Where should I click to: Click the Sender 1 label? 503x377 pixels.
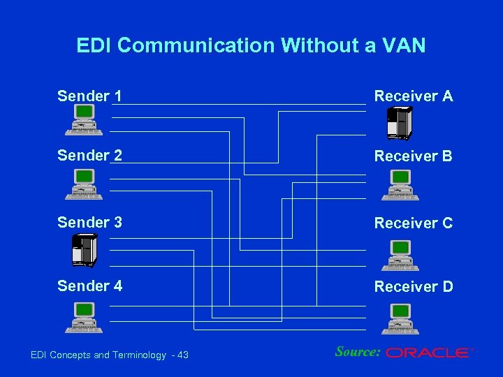[89, 96]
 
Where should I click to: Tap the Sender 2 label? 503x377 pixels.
[89, 156]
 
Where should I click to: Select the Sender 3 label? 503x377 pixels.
[89, 223]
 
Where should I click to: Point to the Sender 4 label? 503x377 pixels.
[89, 286]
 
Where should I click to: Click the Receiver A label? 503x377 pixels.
[414, 96]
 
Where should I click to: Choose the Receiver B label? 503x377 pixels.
[414, 156]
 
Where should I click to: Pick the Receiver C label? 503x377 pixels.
[414, 223]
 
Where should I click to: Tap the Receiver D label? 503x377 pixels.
[414, 286]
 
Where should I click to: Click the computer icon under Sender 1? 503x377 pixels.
[84, 119]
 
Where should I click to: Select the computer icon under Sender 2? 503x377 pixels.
[84, 185]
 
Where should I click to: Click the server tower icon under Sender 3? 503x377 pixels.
[84, 250]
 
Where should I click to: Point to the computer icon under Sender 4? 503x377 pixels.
[84, 318]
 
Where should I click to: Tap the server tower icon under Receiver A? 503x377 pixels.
[400, 124]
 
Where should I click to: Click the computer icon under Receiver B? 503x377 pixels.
[400, 185]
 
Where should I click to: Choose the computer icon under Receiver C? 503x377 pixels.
[400, 256]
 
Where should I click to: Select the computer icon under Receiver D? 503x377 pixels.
[400, 319]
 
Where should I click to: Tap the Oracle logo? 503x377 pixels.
[429, 353]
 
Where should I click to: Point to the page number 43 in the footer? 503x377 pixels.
[182, 355]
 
